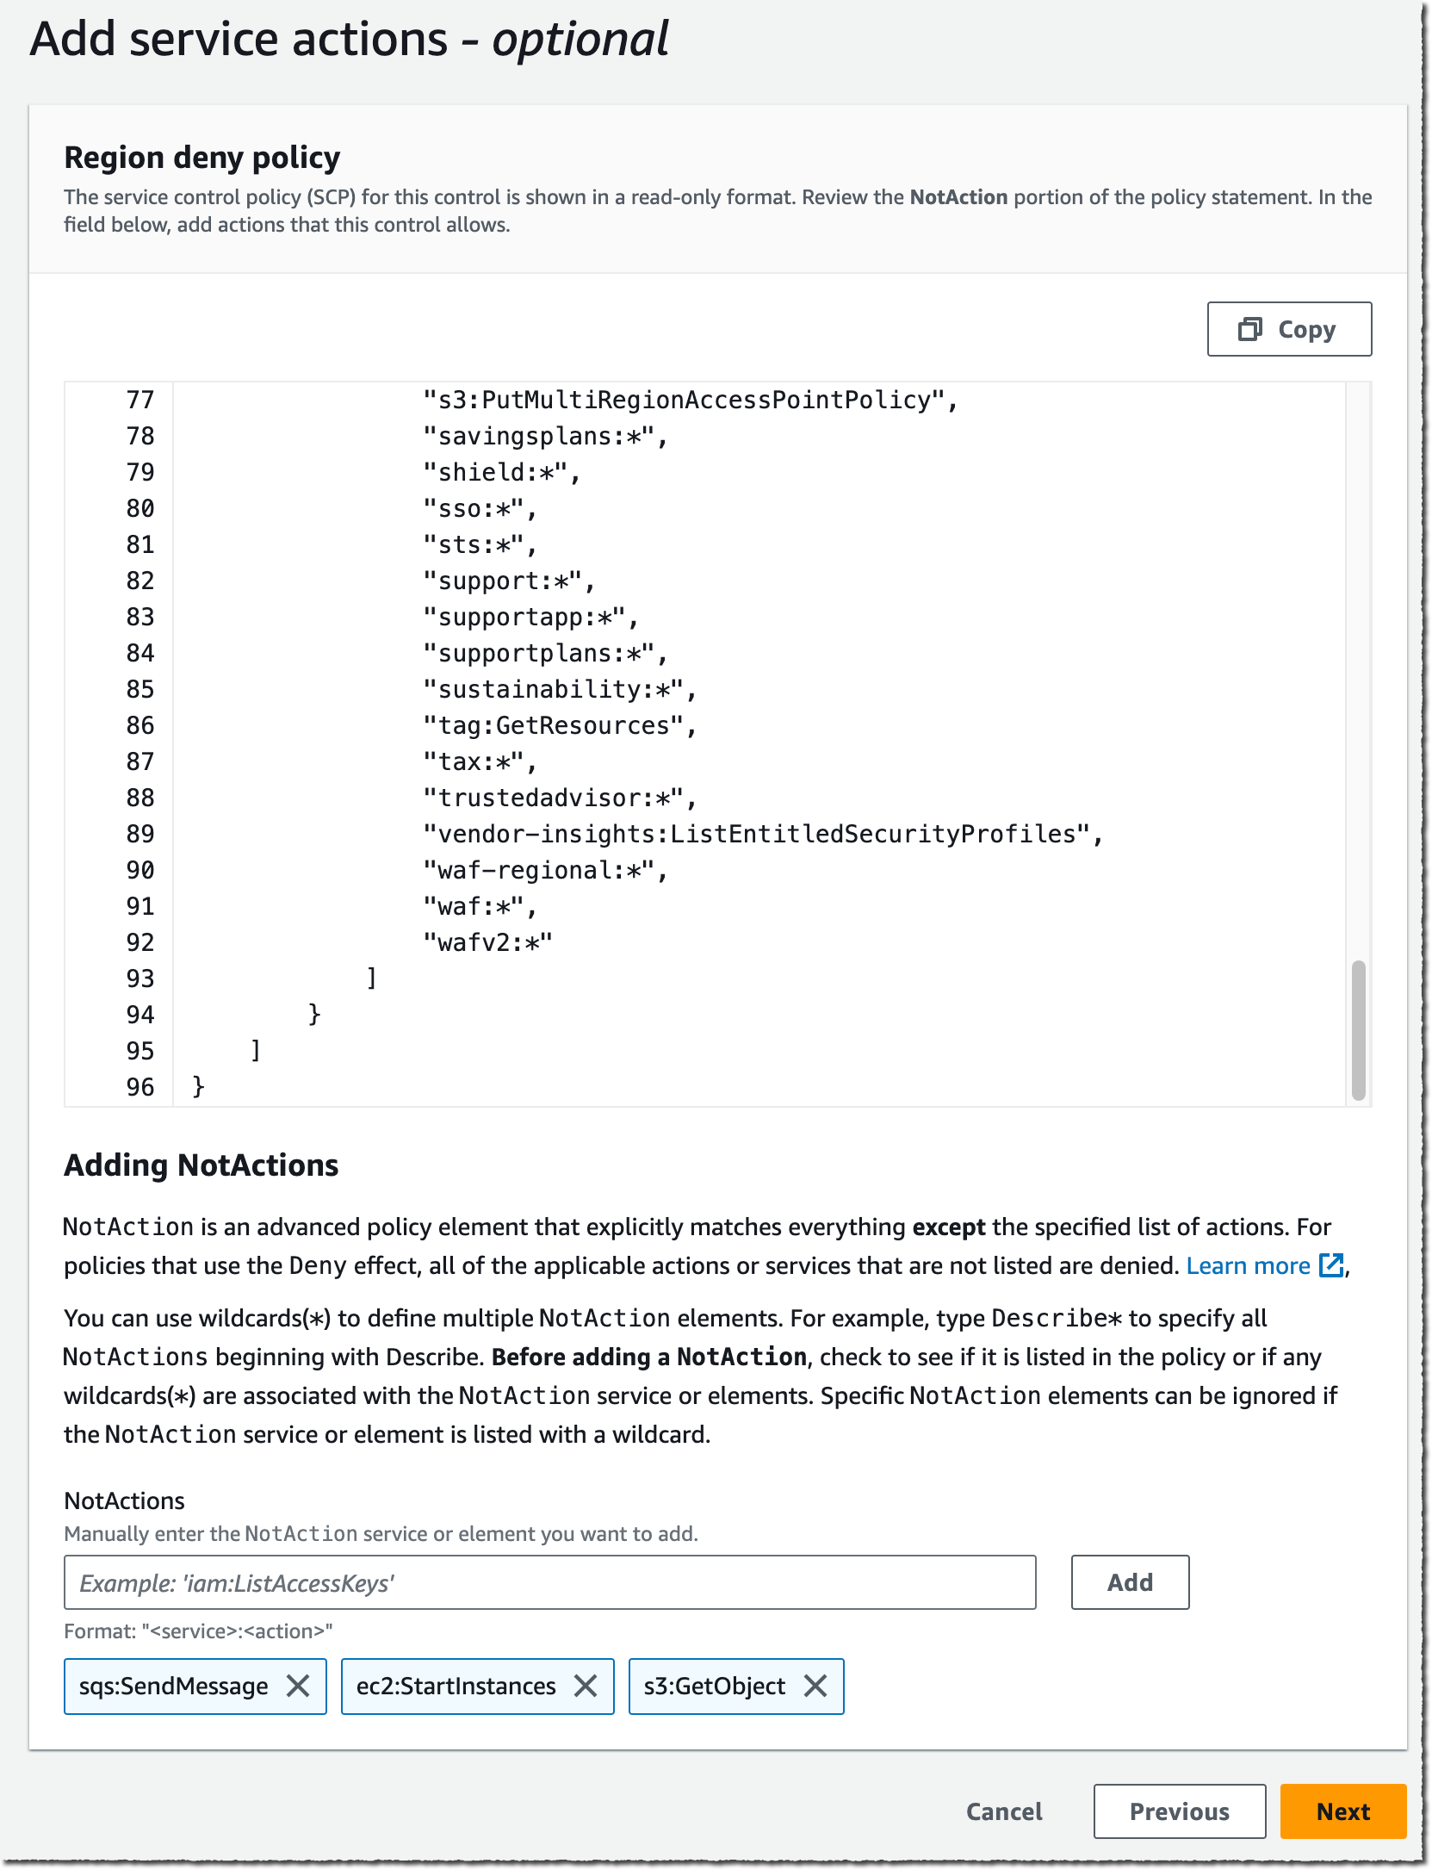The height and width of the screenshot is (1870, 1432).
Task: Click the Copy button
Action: pos(1288,329)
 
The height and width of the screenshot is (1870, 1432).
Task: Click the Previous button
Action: pos(1178,1811)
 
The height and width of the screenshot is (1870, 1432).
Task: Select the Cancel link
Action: pos(1003,1811)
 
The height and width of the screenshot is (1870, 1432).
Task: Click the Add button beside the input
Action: pos(1129,1581)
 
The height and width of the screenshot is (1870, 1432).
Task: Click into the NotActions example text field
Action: pos(549,1581)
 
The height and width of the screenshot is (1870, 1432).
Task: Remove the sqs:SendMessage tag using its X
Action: pos(298,1686)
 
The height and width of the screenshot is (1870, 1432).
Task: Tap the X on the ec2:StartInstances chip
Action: pos(586,1686)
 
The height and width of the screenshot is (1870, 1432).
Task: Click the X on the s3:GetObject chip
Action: pos(815,1686)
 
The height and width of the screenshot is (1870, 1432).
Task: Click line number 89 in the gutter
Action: pos(139,834)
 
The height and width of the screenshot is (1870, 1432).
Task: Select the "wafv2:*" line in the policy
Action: pos(487,942)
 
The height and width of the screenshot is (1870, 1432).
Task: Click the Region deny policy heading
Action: pos(202,158)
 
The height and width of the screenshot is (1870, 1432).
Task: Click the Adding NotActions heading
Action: pos(201,1165)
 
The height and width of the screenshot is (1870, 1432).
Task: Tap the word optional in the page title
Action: pos(580,40)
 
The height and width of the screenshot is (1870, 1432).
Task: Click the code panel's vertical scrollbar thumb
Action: pos(1358,1029)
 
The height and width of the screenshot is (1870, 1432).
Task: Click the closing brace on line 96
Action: pos(198,1086)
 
